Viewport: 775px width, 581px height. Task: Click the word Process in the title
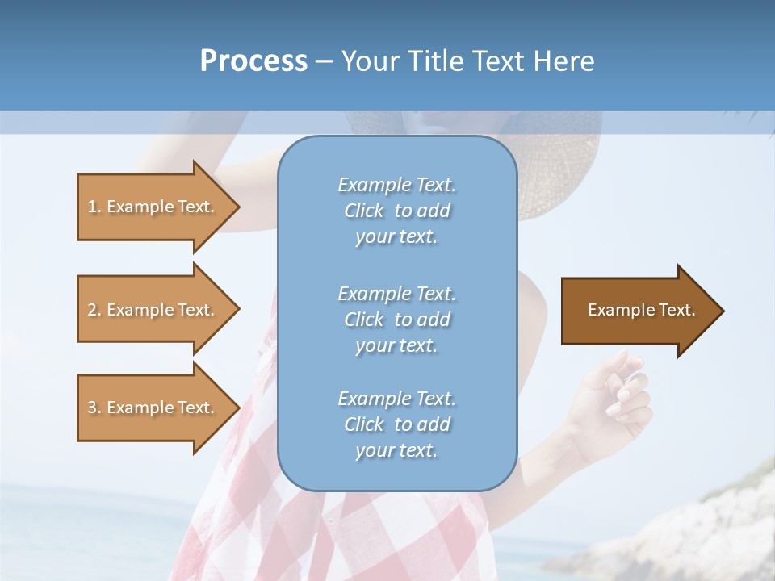pyautogui.click(x=253, y=61)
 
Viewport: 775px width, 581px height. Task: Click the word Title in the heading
pyautogui.click(x=435, y=61)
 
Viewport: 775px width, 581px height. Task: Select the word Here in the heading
pyautogui.click(x=564, y=61)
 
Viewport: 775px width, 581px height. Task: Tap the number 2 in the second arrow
pyautogui.click(x=92, y=310)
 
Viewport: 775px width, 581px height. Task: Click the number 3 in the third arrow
pyautogui.click(x=92, y=408)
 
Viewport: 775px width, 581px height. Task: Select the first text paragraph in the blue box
pyautogui.click(x=396, y=211)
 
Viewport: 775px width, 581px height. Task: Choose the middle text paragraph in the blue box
pyautogui.click(x=396, y=320)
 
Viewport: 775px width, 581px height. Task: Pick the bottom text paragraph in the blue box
pyautogui.click(x=396, y=424)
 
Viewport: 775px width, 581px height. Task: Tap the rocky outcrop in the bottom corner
pyautogui.click(x=710, y=525)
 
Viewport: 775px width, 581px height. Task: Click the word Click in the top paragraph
pyautogui.click(x=364, y=211)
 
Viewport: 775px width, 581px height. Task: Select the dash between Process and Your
pyautogui.click(x=324, y=62)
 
